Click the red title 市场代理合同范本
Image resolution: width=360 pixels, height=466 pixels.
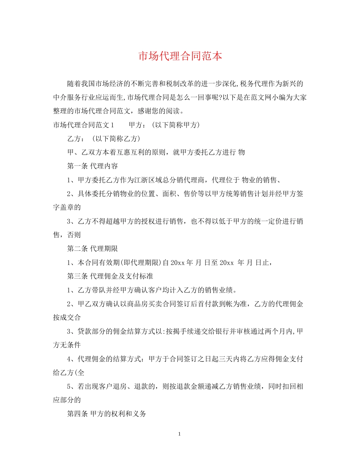pyautogui.click(x=180, y=56)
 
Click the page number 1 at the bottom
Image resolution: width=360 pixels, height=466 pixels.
pyautogui.click(x=180, y=433)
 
